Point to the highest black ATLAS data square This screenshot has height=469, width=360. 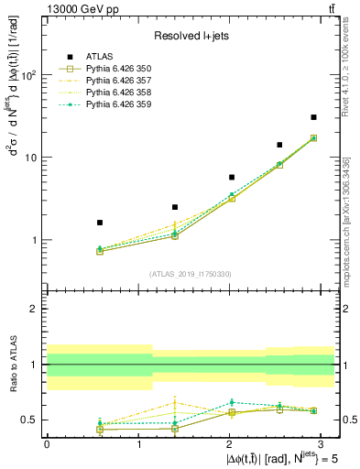313,117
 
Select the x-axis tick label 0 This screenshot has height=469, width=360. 47,442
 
